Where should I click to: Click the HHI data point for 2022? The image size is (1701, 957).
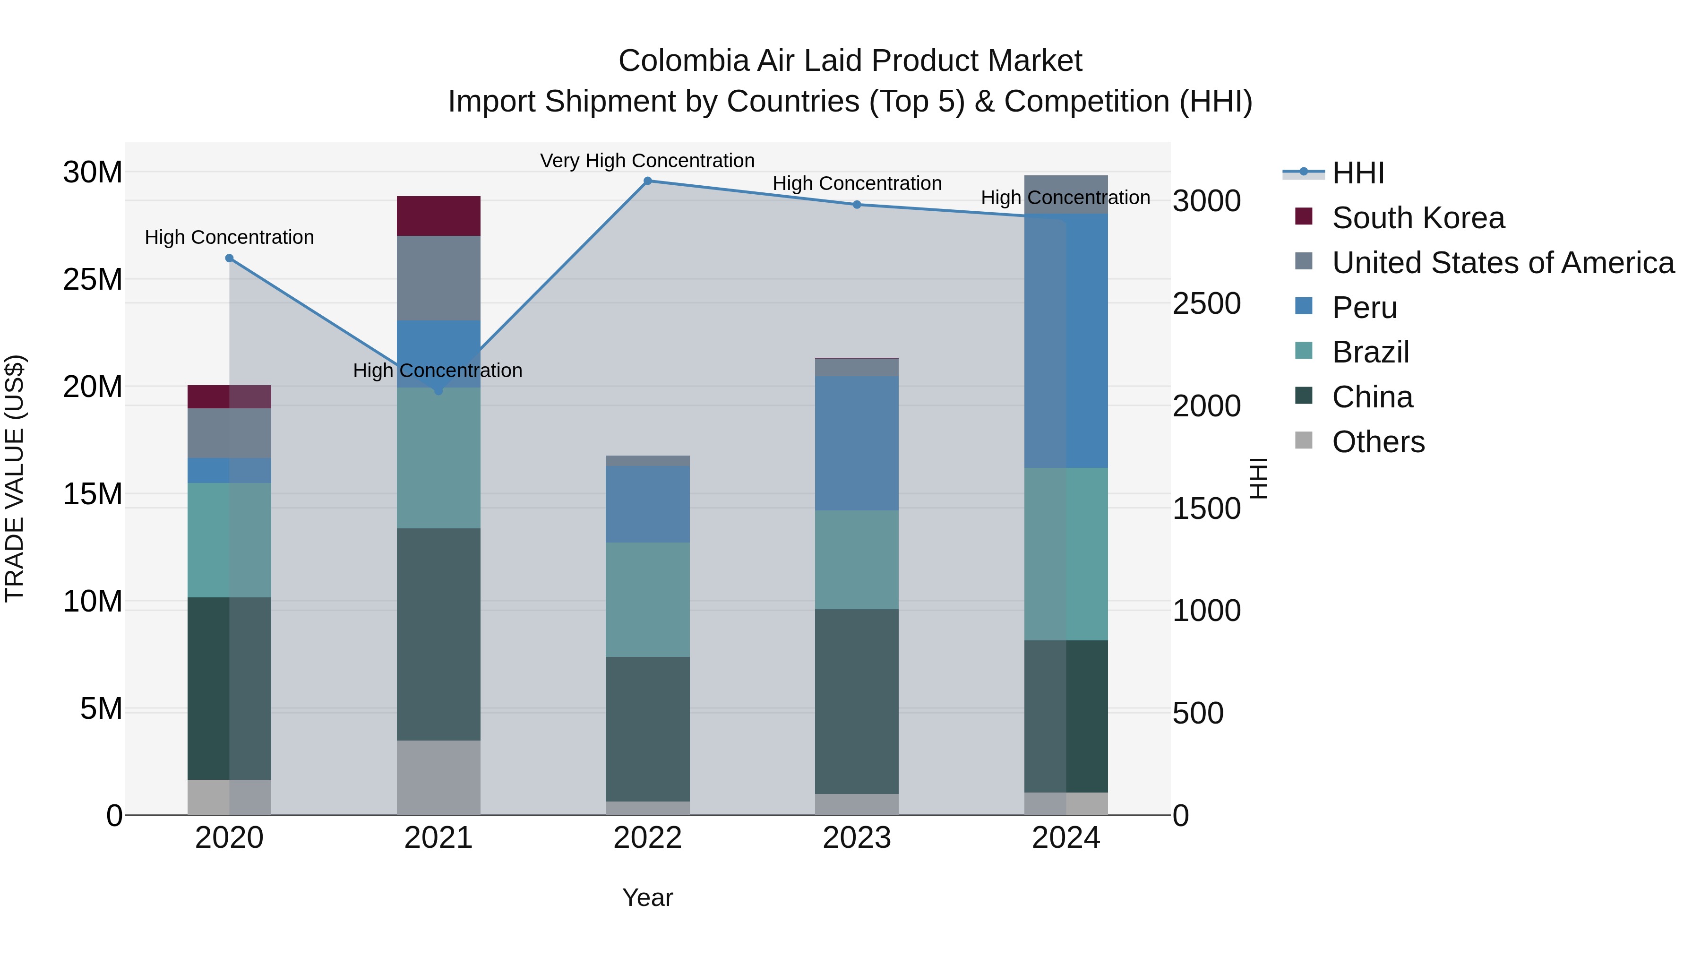(x=647, y=181)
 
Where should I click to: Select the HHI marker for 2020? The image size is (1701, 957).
(x=229, y=258)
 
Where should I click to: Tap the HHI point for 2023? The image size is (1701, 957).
(x=857, y=205)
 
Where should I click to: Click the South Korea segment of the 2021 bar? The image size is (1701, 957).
(x=438, y=216)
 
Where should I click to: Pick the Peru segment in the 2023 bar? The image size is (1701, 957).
(x=857, y=443)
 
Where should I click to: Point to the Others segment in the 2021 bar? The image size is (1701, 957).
(x=438, y=777)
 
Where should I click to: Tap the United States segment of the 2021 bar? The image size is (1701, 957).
(x=438, y=278)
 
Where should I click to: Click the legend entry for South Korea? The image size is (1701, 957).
(x=1417, y=218)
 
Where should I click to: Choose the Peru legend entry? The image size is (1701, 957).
(x=1364, y=308)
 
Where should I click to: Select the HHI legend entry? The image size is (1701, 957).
(x=1357, y=173)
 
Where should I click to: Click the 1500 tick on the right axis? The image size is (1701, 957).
(x=1206, y=509)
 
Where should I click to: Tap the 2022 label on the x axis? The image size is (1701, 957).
(x=647, y=838)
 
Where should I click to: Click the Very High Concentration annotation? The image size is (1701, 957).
(x=647, y=161)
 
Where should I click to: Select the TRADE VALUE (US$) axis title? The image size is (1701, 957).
(x=15, y=478)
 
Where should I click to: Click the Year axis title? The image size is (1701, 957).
(x=647, y=897)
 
